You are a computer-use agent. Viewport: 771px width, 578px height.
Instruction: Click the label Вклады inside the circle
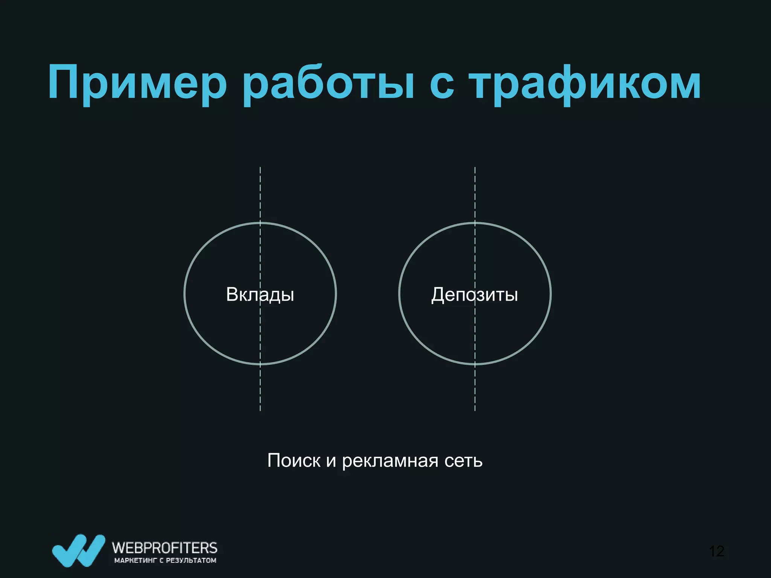260,294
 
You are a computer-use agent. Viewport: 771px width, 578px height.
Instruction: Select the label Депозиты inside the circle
474,294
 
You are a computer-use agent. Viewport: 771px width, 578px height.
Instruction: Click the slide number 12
716,551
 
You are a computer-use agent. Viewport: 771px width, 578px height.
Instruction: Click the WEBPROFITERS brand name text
165,548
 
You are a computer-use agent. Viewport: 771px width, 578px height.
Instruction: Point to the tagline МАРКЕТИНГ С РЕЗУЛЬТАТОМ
165,561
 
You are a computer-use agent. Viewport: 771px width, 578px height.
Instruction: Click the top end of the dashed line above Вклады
260,168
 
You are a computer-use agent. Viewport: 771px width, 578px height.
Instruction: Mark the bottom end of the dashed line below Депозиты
475,409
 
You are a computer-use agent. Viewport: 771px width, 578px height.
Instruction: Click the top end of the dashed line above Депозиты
475,168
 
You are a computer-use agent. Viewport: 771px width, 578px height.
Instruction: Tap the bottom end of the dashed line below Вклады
260,409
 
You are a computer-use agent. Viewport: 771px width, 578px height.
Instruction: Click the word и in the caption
331,461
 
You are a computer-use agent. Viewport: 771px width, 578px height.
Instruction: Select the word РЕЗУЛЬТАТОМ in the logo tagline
191,561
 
